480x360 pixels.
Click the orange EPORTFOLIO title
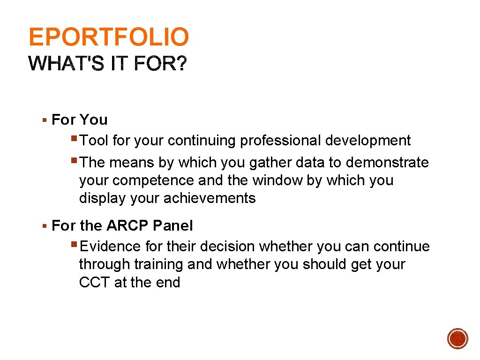click(x=109, y=37)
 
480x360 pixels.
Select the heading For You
click(x=80, y=120)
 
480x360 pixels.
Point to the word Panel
click(x=173, y=226)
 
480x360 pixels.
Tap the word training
click(x=159, y=264)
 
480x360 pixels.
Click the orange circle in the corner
click(x=457, y=338)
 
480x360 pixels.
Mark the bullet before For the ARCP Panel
click(x=44, y=226)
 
